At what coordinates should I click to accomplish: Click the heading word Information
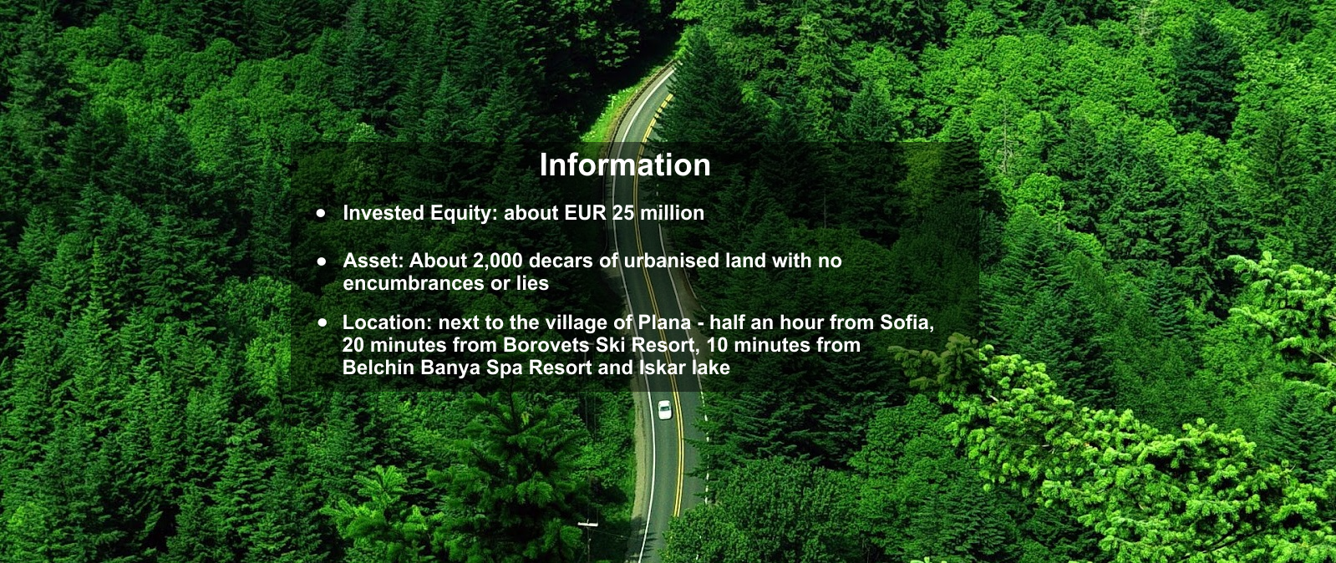pos(624,165)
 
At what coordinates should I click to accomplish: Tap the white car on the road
pos(664,410)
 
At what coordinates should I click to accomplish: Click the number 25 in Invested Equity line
pos(622,213)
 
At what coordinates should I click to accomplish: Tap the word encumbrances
pos(414,282)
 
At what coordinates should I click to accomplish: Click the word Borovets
pos(547,345)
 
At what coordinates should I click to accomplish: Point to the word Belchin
pos(378,368)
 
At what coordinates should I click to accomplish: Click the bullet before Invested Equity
pos(322,213)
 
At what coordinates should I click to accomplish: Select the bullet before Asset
pos(322,261)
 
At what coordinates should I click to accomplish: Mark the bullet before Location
pos(323,322)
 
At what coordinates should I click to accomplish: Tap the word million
pos(672,213)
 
